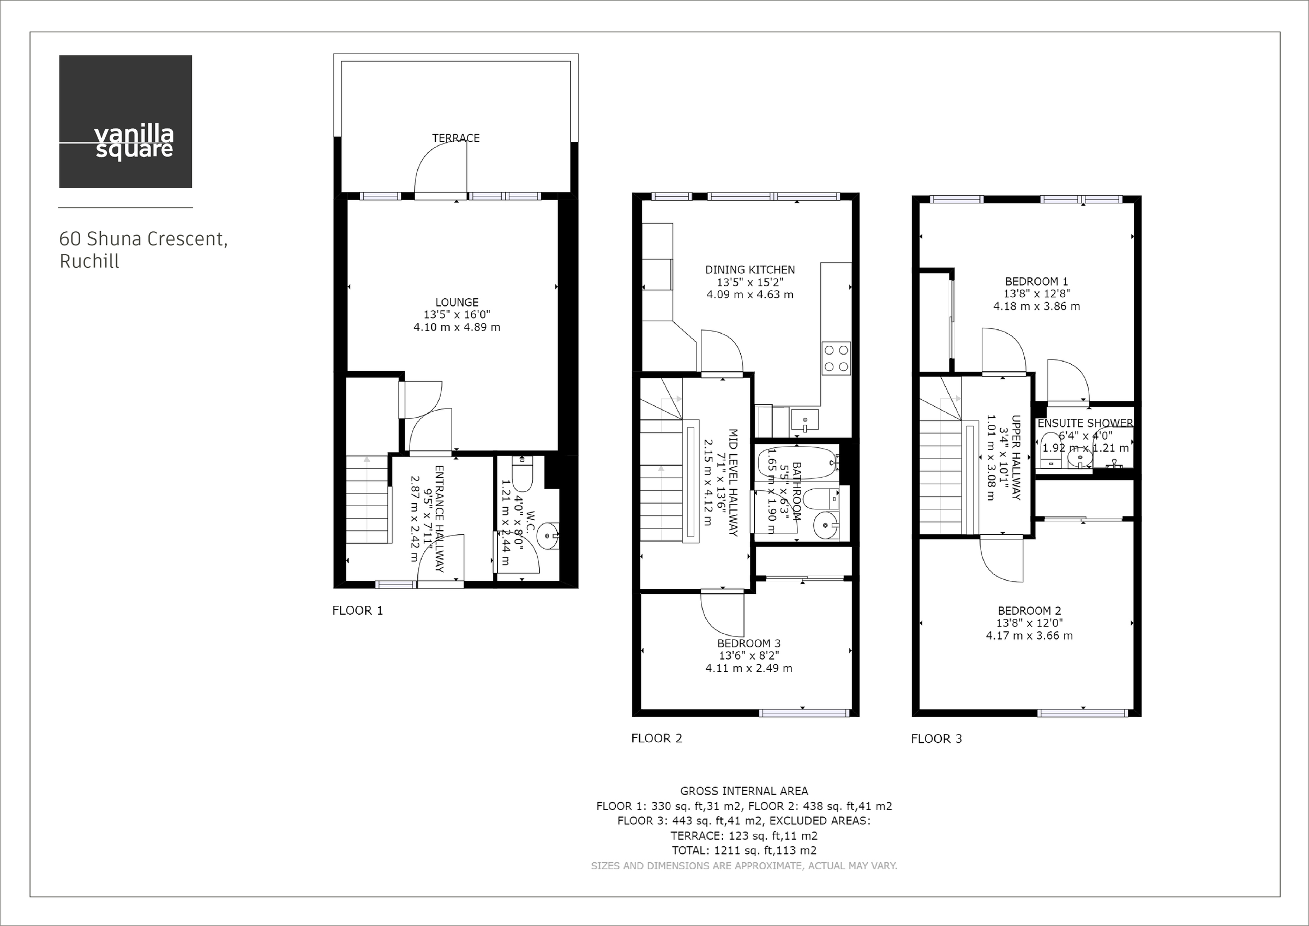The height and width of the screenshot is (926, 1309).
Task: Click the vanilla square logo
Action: (125, 122)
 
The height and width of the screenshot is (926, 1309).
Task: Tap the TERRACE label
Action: (455, 138)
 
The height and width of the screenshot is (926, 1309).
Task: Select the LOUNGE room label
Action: (457, 302)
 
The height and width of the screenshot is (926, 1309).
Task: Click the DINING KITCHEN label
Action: (750, 270)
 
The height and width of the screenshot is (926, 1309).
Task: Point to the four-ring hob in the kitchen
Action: (836, 358)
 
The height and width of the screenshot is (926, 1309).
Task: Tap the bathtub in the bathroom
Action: (798, 462)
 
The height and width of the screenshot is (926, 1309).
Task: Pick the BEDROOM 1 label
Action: (1036, 281)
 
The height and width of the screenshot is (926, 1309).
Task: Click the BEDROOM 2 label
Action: (1029, 611)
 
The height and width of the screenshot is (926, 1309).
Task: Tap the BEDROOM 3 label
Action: (748, 643)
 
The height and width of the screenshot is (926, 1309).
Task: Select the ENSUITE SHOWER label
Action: (1085, 423)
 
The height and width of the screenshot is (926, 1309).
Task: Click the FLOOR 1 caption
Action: (357, 611)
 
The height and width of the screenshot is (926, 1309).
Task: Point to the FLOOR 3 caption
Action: (936, 739)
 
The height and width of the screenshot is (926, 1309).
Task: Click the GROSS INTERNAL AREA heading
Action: (744, 791)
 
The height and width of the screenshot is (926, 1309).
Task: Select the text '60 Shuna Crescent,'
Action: (143, 238)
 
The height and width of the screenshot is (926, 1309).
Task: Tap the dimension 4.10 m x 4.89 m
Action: (457, 327)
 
